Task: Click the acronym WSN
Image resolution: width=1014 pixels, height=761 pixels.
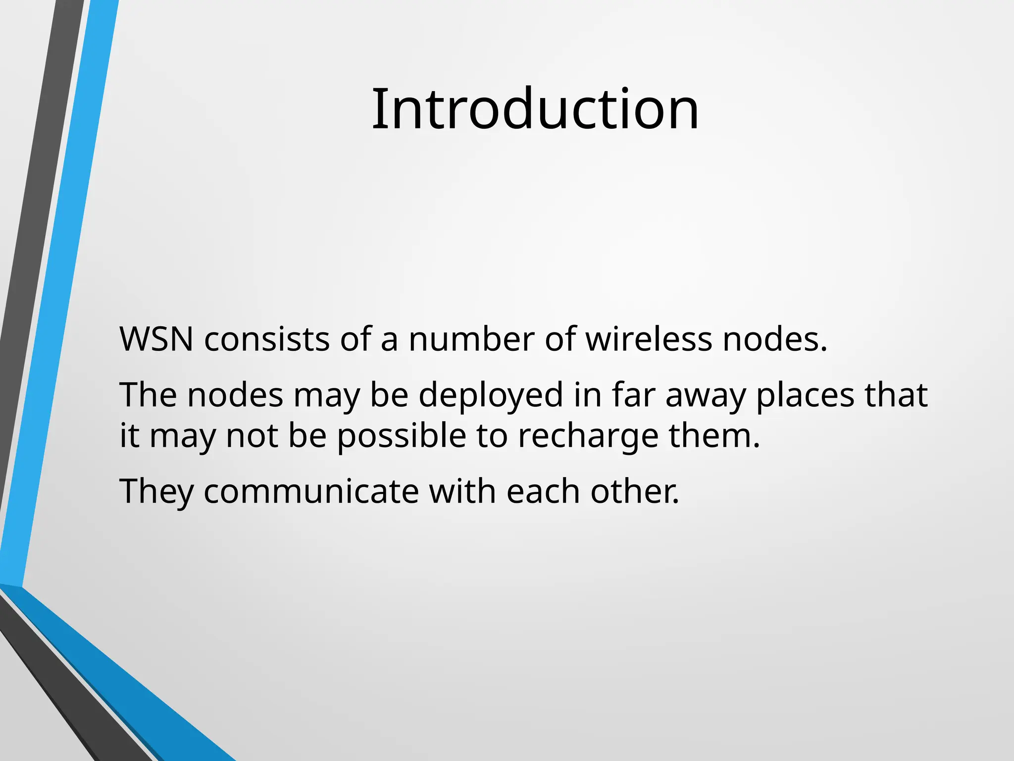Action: [x=156, y=340]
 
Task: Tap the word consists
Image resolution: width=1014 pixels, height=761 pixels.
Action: [x=267, y=340]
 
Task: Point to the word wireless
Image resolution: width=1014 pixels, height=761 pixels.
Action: [x=649, y=340]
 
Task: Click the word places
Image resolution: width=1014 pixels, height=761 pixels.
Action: [x=805, y=395]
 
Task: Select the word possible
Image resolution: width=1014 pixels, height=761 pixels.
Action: [x=402, y=436]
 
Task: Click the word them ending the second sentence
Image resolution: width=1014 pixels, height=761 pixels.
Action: [x=713, y=436]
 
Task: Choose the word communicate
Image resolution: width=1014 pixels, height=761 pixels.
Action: [x=311, y=491]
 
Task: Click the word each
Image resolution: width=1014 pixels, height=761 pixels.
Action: [x=543, y=491]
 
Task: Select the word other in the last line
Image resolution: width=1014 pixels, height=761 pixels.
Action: [x=634, y=491]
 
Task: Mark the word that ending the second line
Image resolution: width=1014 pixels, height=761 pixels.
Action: [x=896, y=395]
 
